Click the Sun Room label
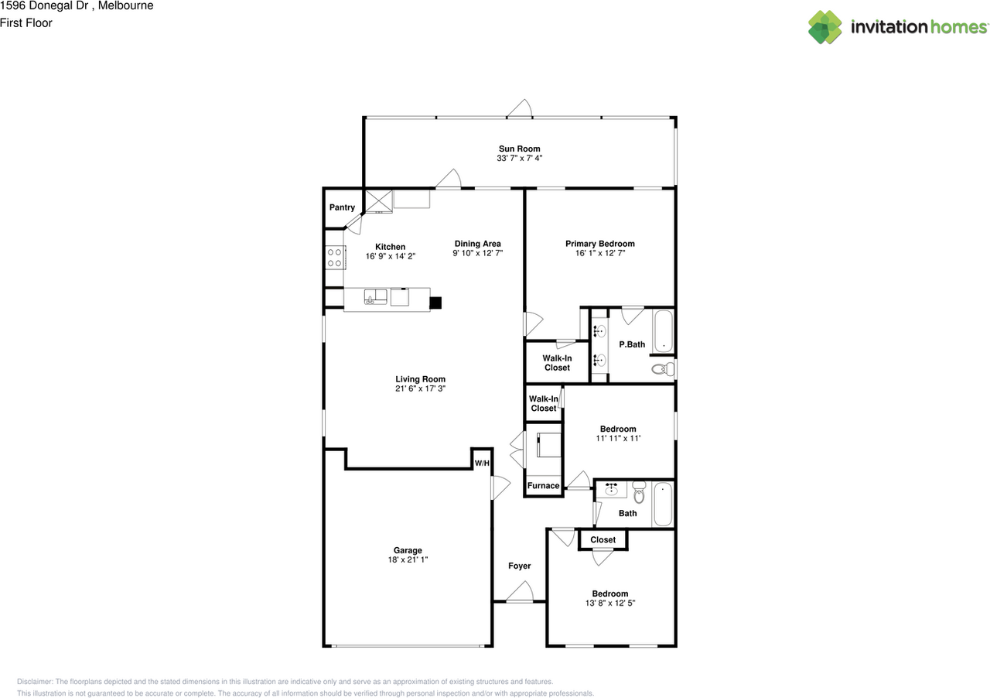pyautogui.click(x=519, y=149)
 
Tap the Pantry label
pyautogui.click(x=342, y=207)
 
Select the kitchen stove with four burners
pyautogui.click(x=336, y=258)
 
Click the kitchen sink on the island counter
pyautogui.click(x=375, y=297)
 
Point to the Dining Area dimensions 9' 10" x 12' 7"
pyautogui.click(x=478, y=253)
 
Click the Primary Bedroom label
pyautogui.click(x=599, y=244)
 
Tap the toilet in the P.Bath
pyautogui.click(x=663, y=368)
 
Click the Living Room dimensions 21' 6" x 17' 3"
pyautogui.click(x=420, y=388)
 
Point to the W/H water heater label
pyautogui.click(x=482, y=463)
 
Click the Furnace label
pyautogui.click(x=543, y=486)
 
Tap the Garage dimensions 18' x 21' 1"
pyautogui.click(x=408, y=559)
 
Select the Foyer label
pyautogui.click(x=519, y=566)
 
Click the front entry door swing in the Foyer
pyautogui.click(x=521, y=592)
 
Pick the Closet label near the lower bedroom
pyautogui.click(x=603, y=539)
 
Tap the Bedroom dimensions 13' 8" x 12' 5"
pyautogui.click(x=610, y=603)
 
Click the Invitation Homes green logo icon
pyautogui.click(x=824, y=27)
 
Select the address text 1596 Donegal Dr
pyautogui.click(x=44, y=5)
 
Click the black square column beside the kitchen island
pyautogui.click(x=435, y=303)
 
